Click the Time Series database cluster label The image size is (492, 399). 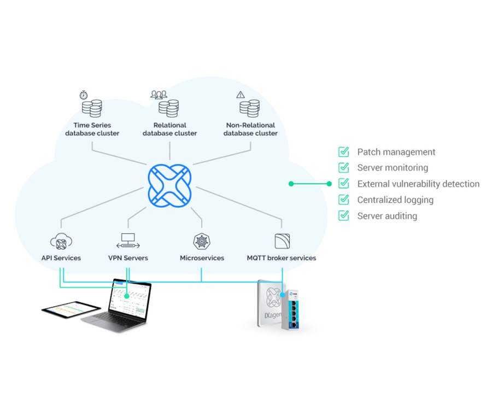(x=92, y=129)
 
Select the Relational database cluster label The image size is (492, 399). (x=169, y=129)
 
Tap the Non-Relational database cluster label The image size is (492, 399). (x=250, y=129)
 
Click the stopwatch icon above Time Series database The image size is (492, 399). (x=84, y=95)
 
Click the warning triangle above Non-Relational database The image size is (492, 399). (x=241, y=95)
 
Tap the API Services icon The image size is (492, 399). (x=61, y=241)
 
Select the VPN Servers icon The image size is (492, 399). (x=128, y=240)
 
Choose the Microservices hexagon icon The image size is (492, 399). (x=202, y=241)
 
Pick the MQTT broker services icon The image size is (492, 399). (x=282, y=241)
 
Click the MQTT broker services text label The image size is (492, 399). (x=281, y=258)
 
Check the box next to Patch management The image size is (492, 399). (x=344, y=152)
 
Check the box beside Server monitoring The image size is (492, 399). (x=344, y=168)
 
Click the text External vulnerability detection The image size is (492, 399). (x=418, y=184)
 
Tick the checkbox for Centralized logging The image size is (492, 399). (x=344, y=199)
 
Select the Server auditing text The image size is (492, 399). (x=387, y=216)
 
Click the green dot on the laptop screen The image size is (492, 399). (x=127, y=296)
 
